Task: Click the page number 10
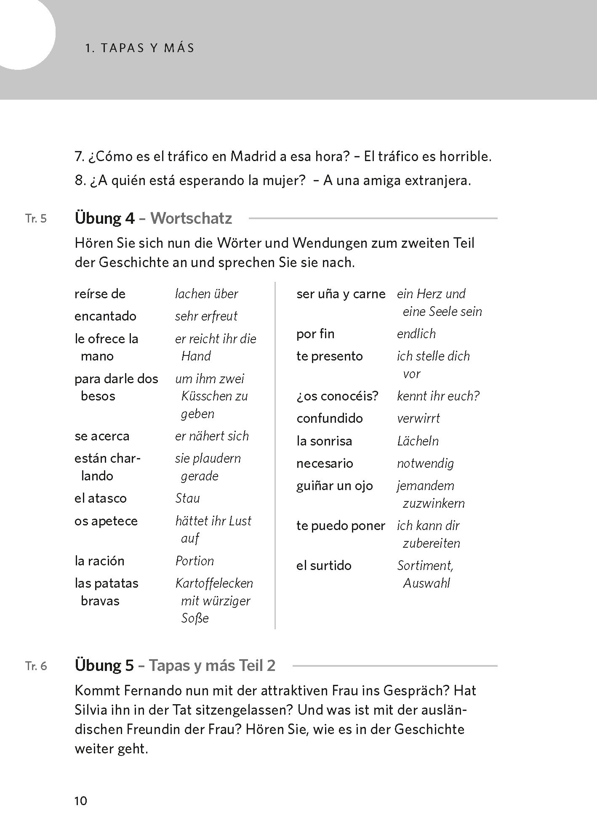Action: [x=80, y=801]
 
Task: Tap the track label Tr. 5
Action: [x=36, y=219]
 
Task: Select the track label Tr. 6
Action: [x=36, y=666]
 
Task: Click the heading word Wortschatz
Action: [x=191, y=218]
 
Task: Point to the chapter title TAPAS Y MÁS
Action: [x=139, y=48]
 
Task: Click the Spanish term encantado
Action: [x=105, y=316]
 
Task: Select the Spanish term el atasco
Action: [x=100, y=498]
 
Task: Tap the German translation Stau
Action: [x=187, y=498]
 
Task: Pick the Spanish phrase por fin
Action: [x=315, y=334]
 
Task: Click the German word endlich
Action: [x=416, y=334]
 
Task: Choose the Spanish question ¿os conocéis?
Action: [x=337, y=396]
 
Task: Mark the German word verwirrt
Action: [x=418, y=419]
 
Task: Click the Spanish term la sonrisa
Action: [x=324, y=441]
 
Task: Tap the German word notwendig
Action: [x=425, y=464]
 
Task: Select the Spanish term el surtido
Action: [x=324, y=565]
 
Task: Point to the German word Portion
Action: [x=195, y=561]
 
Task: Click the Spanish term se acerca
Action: [x=102, y=436]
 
